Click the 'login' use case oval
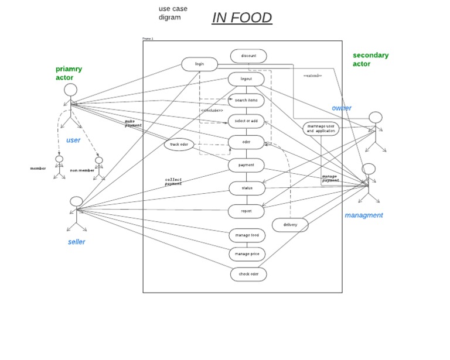coord(199,64)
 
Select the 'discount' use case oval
coord(248,56)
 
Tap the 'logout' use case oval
coord(246,79)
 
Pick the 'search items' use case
coord(246,100)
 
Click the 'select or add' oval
coord(246,121)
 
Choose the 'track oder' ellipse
coord(179,145)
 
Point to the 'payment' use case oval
coord(246,165)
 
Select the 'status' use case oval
coord(247,188)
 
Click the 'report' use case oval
coord(247,210)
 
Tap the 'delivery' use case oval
coord(290,225)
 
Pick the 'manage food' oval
coord(247,235)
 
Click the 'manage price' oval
coord(247,254)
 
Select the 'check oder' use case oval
coord(248,274)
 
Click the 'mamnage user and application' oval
coord(321,129)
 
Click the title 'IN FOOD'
coord(242,18)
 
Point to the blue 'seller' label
coord(76,242)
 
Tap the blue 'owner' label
coord(342,108)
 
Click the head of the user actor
coord(70,90)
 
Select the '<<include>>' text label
coord(212,111)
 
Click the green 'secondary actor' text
coord(370,60)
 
